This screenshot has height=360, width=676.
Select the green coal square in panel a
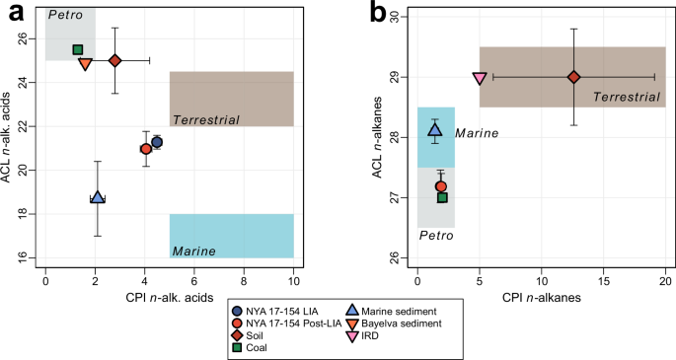[x=78, y=50]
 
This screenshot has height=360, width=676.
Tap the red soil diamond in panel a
[x=114, y=61]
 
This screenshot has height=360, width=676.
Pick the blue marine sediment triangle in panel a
[x=97, y=198]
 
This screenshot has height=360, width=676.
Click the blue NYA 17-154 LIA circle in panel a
[x=157, y=143]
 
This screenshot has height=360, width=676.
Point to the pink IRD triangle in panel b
[x=480, y=78]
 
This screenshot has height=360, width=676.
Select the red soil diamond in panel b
[x=573, y=77]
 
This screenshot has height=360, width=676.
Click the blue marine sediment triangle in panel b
[x=435, y=129]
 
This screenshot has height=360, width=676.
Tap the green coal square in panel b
[x=442, y=197]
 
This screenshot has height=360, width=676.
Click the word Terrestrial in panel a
[x=206, y=119]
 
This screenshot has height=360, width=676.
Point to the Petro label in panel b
[x=435, y=236]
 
